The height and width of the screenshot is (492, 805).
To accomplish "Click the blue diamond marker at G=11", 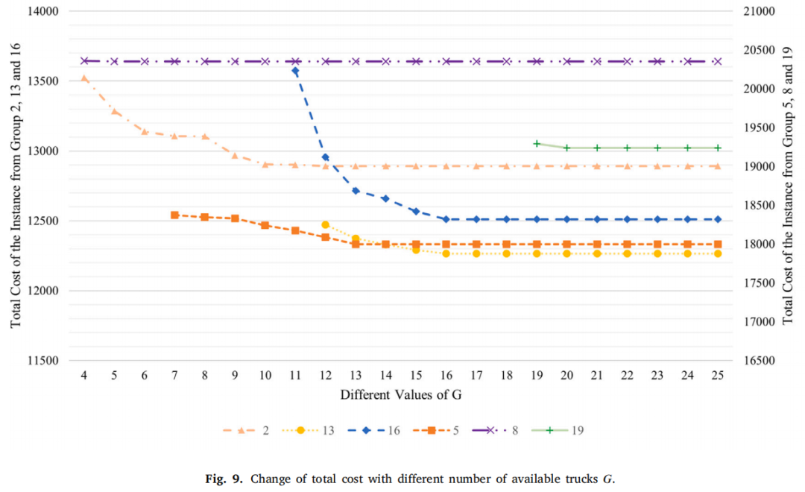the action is pos(295,71).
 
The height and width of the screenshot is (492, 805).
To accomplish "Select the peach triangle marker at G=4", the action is pos(84,78).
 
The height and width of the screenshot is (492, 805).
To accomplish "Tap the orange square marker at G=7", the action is pos(174,215).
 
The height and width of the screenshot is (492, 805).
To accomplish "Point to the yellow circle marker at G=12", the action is pos(326,225).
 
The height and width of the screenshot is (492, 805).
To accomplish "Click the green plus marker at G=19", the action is pos(537,144).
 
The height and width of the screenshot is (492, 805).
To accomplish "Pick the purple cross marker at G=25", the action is pos(718,62).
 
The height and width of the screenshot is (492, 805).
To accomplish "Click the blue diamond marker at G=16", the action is pos(446,219).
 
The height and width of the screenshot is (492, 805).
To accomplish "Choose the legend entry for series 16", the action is pos(373,430).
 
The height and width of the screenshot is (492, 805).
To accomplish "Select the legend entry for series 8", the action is pos(495,430).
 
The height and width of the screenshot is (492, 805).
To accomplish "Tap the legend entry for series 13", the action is pos(308,430).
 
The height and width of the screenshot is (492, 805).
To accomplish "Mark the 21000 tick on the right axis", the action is pos(760,11).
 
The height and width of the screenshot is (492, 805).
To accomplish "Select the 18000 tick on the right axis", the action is pos(760,245).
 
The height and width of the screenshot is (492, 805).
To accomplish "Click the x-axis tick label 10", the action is pos(265,376).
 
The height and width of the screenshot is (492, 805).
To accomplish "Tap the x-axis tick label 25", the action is pos(718,376).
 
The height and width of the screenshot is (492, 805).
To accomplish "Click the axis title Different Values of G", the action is pos(401,395).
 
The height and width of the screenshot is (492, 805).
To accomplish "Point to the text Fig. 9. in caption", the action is pos(224,479).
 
